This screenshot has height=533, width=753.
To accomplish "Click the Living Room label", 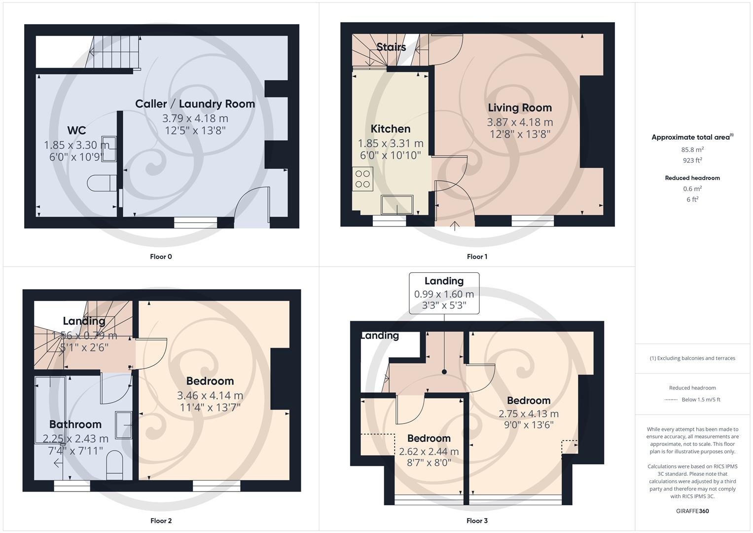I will [520, 108].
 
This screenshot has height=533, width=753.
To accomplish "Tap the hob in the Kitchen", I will [363, 179].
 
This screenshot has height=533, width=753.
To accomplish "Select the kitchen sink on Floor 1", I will [397, 205].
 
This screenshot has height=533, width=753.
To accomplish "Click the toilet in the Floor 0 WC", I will [102, 183].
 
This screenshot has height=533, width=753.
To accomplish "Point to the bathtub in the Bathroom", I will [50, 410].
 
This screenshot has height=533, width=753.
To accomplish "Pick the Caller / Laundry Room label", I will [195, 104].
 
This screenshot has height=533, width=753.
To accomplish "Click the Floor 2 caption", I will [161, 521].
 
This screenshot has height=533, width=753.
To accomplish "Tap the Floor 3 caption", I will [477, 521].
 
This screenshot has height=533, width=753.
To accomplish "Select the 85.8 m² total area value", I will [692, 150].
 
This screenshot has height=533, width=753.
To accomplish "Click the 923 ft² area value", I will [692, 160].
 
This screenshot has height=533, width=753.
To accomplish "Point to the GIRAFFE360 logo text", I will [692, 511].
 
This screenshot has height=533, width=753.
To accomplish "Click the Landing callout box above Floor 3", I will [444, 293].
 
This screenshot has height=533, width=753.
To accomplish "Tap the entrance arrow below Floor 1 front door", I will [454, 226].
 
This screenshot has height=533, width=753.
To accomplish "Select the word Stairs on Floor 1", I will [391, 47].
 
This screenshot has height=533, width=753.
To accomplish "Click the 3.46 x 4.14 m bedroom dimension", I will [210, 395].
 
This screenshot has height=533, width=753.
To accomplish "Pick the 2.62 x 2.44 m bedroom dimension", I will [429, 451].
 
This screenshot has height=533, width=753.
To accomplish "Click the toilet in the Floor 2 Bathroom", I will [114, 464].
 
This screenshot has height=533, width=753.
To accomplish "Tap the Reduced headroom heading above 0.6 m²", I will [692, 178].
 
